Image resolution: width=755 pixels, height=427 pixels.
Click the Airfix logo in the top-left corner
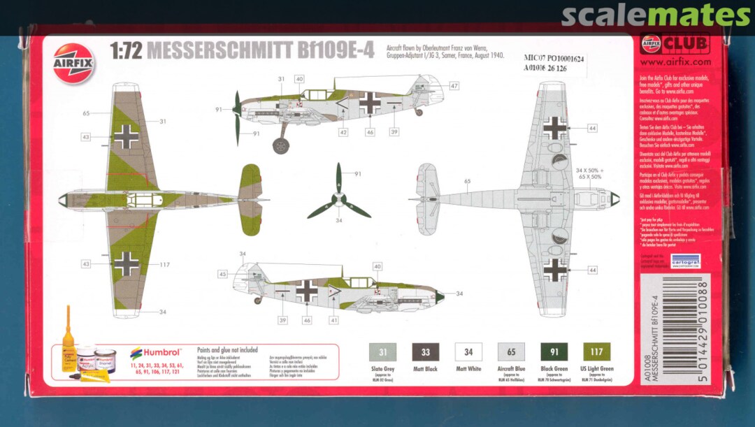73,63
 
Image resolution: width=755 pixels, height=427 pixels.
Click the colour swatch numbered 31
382,352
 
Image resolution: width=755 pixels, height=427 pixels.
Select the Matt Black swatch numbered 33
426,352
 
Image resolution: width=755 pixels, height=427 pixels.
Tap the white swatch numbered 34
468,352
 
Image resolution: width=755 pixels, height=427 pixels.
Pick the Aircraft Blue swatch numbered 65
511,352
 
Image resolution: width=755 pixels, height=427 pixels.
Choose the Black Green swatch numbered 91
554,352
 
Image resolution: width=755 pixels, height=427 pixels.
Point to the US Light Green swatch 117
596,352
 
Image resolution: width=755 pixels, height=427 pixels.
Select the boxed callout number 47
454,86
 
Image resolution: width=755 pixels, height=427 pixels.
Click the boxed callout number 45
223,275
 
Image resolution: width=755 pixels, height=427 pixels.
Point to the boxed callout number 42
343,132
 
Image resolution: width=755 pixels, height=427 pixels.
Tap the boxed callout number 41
334,320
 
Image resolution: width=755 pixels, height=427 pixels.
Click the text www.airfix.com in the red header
675,61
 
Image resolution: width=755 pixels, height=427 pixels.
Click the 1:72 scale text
126,51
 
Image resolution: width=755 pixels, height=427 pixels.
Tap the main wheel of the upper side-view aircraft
280,145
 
